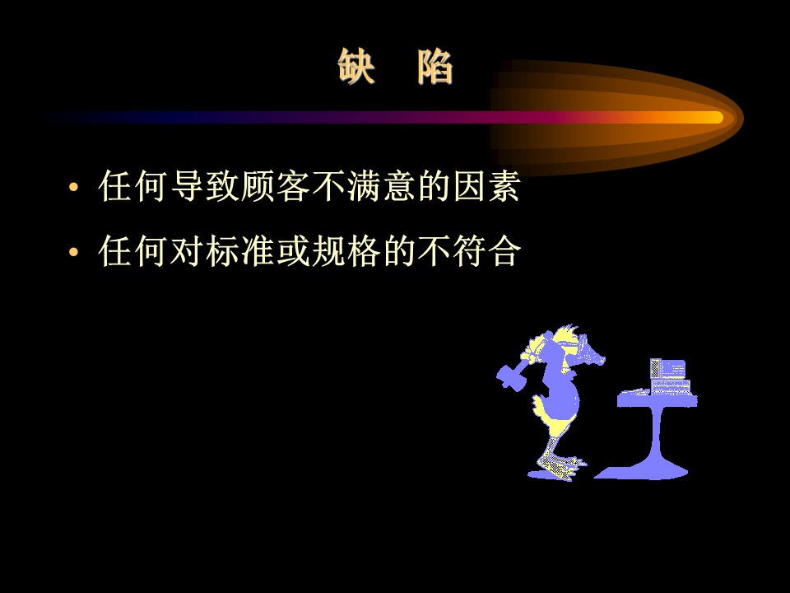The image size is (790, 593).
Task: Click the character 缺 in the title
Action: (x=355, y=66)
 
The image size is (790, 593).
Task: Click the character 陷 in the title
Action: (x=434, y=66)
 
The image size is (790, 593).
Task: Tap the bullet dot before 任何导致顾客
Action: (x=73, y=187)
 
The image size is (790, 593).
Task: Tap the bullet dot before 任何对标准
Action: (x=73, y=251)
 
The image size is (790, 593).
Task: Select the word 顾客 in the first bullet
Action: (x=275, y=186)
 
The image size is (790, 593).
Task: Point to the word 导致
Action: (x=205, y=186)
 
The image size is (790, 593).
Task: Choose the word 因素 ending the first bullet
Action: (x=486, y=186)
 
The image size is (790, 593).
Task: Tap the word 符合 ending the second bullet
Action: (x=486, y=250)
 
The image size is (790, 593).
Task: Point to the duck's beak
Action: (x=593, y=355)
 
